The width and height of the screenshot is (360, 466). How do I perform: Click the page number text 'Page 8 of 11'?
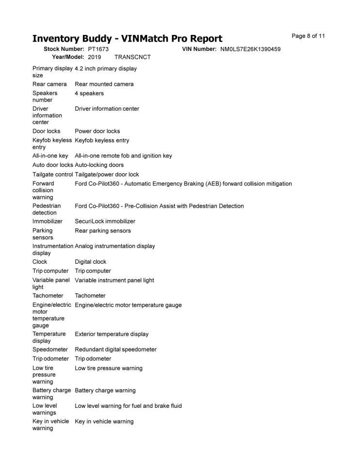(308, 36)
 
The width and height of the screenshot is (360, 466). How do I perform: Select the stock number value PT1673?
(98, 49)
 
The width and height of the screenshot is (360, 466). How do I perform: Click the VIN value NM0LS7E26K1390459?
(250, 49)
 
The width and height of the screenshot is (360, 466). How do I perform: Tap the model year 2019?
(95, 57)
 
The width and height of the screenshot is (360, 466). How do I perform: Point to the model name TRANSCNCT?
(132, 57)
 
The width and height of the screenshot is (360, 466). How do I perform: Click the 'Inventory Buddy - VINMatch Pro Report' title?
(127, 39)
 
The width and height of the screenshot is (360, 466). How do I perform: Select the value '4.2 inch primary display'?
(106, 68)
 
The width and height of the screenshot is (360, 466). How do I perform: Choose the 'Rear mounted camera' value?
(104, 84)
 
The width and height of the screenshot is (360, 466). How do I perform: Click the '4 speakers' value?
(89, 93)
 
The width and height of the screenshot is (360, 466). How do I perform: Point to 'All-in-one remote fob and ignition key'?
(123, 156)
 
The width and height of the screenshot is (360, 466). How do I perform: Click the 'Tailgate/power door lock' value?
(107, 174)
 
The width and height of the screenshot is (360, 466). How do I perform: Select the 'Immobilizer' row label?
(47, 221)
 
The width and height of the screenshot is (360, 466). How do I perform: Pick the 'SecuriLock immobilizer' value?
(105, 221)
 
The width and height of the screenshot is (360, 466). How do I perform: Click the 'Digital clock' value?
(90, 262)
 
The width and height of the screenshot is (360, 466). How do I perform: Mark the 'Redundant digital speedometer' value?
(115, 349)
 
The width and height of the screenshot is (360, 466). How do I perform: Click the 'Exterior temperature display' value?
(112, 334)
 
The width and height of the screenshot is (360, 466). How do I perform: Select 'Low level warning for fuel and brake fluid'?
(128, 406)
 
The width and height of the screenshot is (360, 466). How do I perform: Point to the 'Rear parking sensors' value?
(102, 231)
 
